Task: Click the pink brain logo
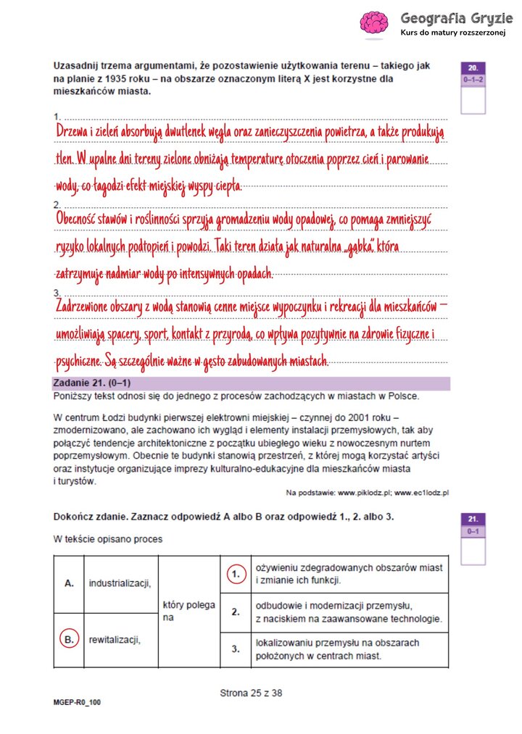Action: point(374,24)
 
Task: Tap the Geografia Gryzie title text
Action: point(449,17)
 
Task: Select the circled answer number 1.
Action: point(235,574)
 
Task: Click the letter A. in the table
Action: point(69,582)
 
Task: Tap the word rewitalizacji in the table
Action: point(114,639)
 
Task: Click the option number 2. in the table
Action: point(235,612)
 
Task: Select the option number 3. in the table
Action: point(235,649)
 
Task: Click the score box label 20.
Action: point(473,66)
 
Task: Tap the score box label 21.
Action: point(473,519)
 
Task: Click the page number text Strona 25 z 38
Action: point(251,693)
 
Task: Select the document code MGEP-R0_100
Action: point(77,702)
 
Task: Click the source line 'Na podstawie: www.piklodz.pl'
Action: point(368,493)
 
